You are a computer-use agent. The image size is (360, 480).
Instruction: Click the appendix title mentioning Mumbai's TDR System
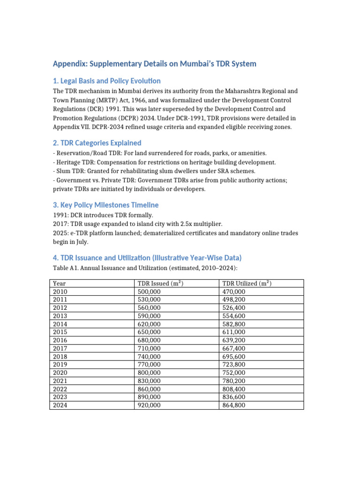click(x=154, y=64)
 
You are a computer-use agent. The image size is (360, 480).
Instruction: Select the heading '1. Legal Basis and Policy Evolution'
click(x=106, y=81)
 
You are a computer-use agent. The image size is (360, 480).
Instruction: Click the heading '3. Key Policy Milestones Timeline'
click(x=105, y=205)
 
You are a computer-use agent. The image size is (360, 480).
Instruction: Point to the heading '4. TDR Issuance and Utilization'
click(x=147, y=258)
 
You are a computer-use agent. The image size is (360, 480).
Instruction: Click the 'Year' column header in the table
click(x=60, y=284)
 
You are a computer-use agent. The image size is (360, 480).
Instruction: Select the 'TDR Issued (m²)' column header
click(x=160, y=284)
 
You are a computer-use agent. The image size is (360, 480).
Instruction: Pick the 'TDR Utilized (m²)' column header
click(x=247, y=284)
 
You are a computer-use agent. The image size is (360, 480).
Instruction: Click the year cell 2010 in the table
click(x=60, y=292)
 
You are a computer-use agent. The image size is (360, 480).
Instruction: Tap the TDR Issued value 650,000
click(x=149, y=332)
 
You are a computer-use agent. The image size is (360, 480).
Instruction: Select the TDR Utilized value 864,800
click(x=234, y=405)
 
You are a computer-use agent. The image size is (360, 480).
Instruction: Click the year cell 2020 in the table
click(x=60, y=373)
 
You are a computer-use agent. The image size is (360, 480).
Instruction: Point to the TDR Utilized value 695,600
click(x=234, y=357)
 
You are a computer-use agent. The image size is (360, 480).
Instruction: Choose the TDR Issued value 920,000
click(x=149, y=405)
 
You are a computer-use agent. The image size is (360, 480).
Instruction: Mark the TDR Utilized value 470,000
click(x=234, y=292)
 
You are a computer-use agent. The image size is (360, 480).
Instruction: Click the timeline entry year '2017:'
click(x=60, y=224)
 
